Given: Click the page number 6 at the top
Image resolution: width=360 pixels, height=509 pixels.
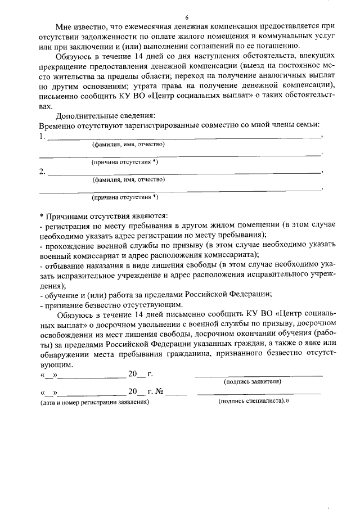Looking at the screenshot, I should tap(186, 17).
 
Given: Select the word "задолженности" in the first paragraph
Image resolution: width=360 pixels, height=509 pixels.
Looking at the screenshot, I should tap(98, 37).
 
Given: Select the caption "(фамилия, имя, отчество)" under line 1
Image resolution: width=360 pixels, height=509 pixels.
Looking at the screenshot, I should tap(128, 145).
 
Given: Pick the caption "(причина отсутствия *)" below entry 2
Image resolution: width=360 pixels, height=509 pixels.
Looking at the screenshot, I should tap(125, 197).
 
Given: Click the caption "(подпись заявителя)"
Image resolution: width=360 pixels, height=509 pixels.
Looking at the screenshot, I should tap(253, 381).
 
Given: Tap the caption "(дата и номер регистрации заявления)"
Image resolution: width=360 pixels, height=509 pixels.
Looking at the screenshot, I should tap(94, 403).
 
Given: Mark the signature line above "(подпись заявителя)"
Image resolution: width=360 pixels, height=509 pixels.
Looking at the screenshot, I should tap(259, 374).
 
